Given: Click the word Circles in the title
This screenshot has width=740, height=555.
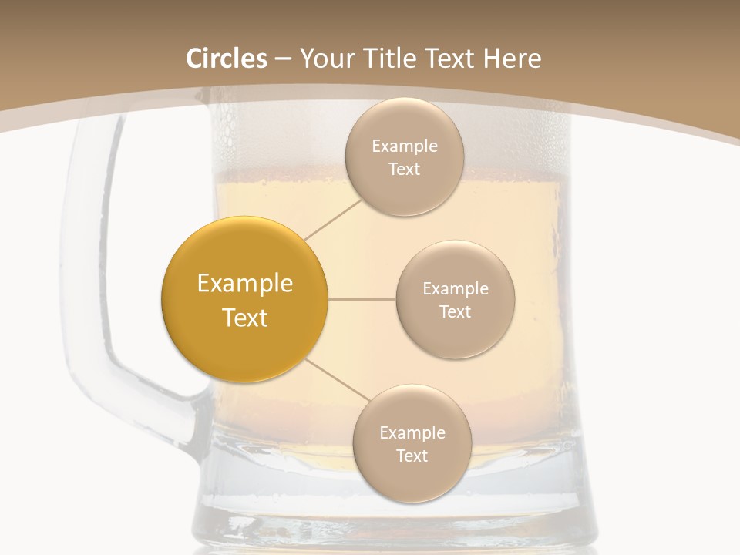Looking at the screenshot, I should (x=226, y=59).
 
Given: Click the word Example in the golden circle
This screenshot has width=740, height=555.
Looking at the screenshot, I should (x=244, y=284).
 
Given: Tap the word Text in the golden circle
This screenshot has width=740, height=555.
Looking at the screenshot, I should (x=244, y=318).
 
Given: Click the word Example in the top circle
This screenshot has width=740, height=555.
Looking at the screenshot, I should (x=404, y=146).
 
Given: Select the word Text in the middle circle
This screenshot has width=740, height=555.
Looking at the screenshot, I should (x=455, y=312).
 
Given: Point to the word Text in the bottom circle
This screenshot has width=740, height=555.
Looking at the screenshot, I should (x=412, y=456).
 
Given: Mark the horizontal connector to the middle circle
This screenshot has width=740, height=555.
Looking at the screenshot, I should (x=362, y=299).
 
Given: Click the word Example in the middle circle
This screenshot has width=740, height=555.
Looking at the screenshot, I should (x=455, y=289).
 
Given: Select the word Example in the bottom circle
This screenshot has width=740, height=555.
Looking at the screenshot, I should (x=412, y=433).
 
